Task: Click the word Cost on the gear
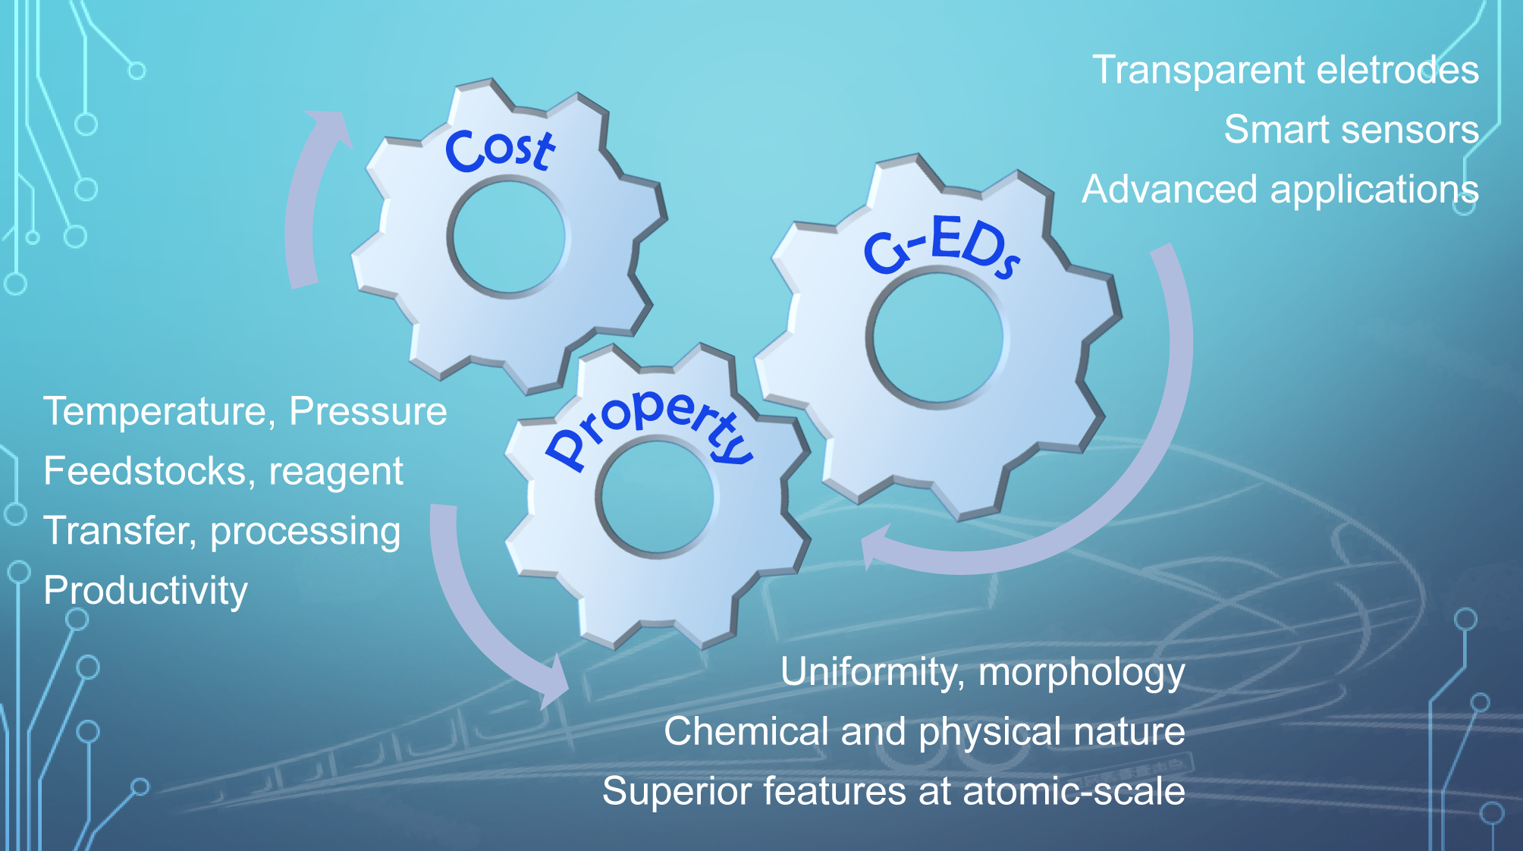coord(500,149)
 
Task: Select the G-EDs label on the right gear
coord(941,247)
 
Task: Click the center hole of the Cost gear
coord(507,237)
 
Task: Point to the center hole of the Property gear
coord(655,498)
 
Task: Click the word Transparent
coord(1198,71)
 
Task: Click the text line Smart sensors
coord(1351,130)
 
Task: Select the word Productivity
coord(146,591)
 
